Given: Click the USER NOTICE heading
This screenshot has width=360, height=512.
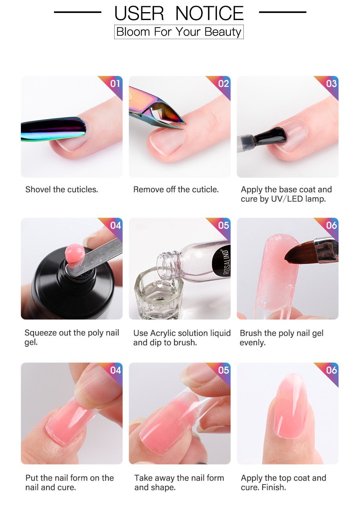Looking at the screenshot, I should click(x=179, y=13).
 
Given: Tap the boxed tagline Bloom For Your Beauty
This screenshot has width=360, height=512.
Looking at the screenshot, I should click(x=179, y=32).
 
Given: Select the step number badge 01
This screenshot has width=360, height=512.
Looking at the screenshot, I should click(x=115, y=83).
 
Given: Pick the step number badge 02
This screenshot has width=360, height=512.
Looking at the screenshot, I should click(x=223, y=83).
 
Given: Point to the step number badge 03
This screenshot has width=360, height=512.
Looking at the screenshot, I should click(x=331, y=83).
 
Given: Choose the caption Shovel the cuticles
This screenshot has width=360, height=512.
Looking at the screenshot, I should click(x=61, y=189).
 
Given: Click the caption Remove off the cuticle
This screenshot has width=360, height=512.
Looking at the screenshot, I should click(x=176, y=189).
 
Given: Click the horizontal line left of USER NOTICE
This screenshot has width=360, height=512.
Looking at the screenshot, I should click(x=77, y=12).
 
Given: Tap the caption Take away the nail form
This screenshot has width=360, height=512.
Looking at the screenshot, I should click(x=179, y=478).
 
